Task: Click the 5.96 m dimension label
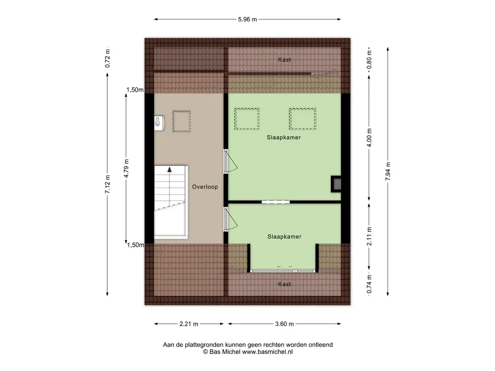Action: pyautogui.click(x=247, y=19)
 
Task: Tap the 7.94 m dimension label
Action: pyautogui.click(x=388, y=171)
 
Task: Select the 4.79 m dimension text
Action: pyautogui.click(x=126, y=168)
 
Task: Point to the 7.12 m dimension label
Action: pyautogui.click(x=108, y=184)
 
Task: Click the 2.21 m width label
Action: pyautogui.click(x=189, y=324)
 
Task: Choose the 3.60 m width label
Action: pyautogui.click(x=284, y=324)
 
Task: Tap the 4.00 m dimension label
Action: pyautogui.click(x=369, y=138)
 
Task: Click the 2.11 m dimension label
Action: pyautogui.click(x=369, y=236)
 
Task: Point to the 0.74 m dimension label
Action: pyautogui.click(x=369, y=284)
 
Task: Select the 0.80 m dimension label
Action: pyautogui.click(x=369, y=60)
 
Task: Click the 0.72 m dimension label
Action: pyautogui.click(x=108, y=58)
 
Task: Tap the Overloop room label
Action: pyautogui.click(x=205, y=187)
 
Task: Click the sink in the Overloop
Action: pyautogui.click(x=159, y=123)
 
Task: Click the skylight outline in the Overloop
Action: pyautogui.click(x=182, y=121)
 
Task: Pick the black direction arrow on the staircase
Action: pyautogui.click(x=170, y=170)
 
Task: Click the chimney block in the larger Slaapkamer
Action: pyautogui.click(x=336, y=184)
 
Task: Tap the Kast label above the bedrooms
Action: pyautogui.click(x=284, y=59)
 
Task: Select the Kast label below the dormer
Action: pyautogui.click(x=284, y=284)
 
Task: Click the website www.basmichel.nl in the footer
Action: pyautogui.click(x=267, y=352)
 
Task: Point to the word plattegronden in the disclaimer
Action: pyautogui.click(x=206, y=345)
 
